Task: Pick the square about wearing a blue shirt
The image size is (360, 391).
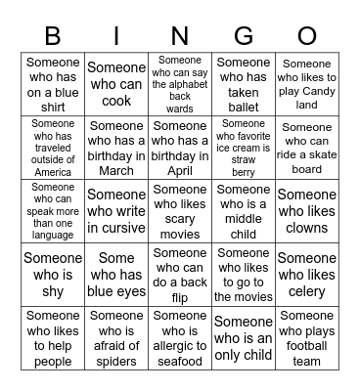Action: (53, 84)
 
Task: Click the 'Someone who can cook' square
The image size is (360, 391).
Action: (116, 84)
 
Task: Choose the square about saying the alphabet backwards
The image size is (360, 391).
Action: (180, 84)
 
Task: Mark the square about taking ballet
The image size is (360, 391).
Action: (244, 84)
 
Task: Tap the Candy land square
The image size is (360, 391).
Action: (307, 84)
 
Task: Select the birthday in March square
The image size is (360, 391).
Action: (116, 148)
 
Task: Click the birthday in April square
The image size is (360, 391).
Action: (180, 148)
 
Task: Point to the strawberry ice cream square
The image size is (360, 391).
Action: (244, 148)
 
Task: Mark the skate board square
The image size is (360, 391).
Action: (307, 148)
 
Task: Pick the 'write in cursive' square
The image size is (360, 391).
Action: (116, 211)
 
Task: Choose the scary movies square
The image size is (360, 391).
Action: (180, 211)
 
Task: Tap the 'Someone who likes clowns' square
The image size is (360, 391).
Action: (307, 211)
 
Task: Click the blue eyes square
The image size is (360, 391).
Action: (116, 275)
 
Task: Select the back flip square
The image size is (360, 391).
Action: (180, 275)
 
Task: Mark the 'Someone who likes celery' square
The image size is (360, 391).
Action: (307, 275)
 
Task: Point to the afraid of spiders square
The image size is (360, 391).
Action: (116, 338)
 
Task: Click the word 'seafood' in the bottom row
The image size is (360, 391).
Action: (180, 362)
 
